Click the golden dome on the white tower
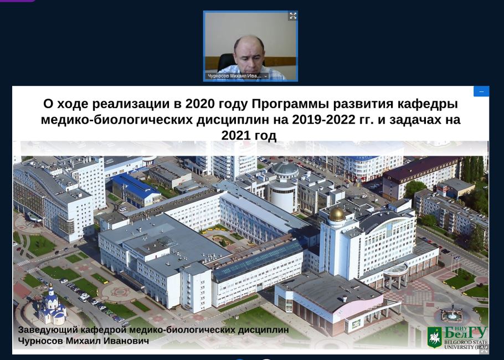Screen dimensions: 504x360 coord(337,214)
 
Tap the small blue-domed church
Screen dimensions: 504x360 coord(52,306)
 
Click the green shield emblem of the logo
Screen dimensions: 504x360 coord(435,337)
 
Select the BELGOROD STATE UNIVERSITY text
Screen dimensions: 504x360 coord(466,344)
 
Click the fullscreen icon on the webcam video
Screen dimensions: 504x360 coord(293,16)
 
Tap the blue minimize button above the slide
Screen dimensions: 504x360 coord(481,91)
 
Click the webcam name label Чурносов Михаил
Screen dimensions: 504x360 coord(234,76)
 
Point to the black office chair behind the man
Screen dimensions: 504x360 coord(227,62)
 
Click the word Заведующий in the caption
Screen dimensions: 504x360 coord(48,330)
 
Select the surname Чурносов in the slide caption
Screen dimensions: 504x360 coord(40,341)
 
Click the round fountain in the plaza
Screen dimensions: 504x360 coord(452,314)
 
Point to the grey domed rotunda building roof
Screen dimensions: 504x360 coord(285,169)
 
